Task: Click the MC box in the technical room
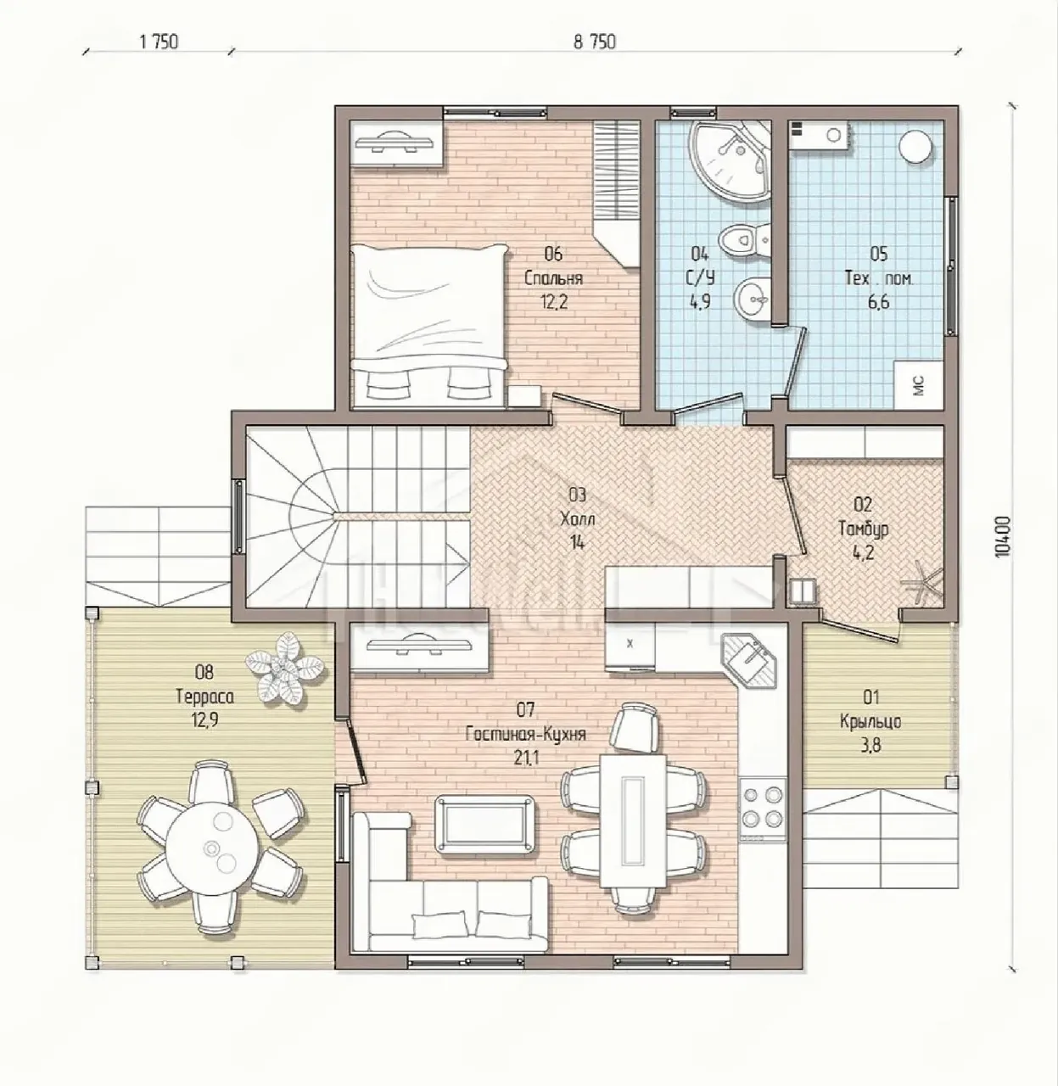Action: click(x=919, y=384)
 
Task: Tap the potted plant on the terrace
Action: click(x=285, y=668)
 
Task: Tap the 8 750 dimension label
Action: click(x=595, y=42)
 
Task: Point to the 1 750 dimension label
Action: click(x=159, y=42)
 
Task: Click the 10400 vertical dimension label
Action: click(x=1002, y=535)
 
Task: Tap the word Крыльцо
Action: click(x=870, y=722)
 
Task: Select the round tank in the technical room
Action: click(x=915, y=147)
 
